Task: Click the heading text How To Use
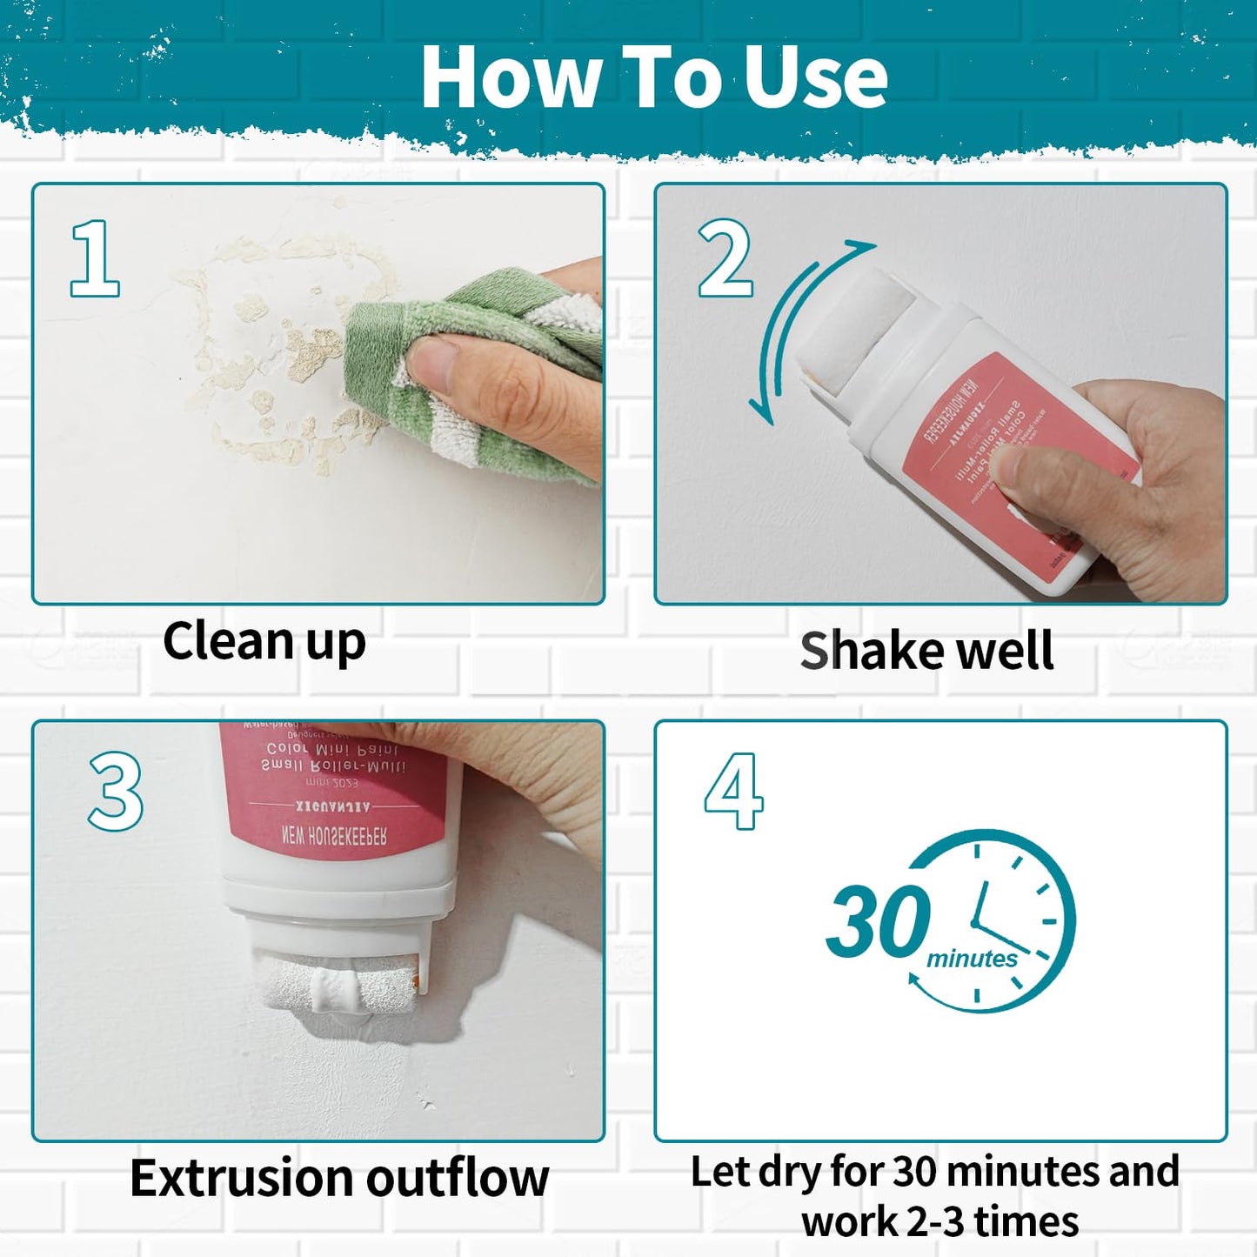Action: (x=653, y=78)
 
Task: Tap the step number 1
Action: (x=95, y=258)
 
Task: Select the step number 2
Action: (x=725, y=258)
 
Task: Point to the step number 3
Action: (x=116, y=792)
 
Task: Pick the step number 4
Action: (x=734, y=792)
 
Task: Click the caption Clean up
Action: (x=264, y=643)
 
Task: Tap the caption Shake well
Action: (x=926, y=652)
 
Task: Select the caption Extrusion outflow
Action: (x=339, y=1179)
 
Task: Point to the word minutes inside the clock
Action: (x=972, y=959)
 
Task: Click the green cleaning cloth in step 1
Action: (x=487, y=365)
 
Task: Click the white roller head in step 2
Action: (x=857, y=331)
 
